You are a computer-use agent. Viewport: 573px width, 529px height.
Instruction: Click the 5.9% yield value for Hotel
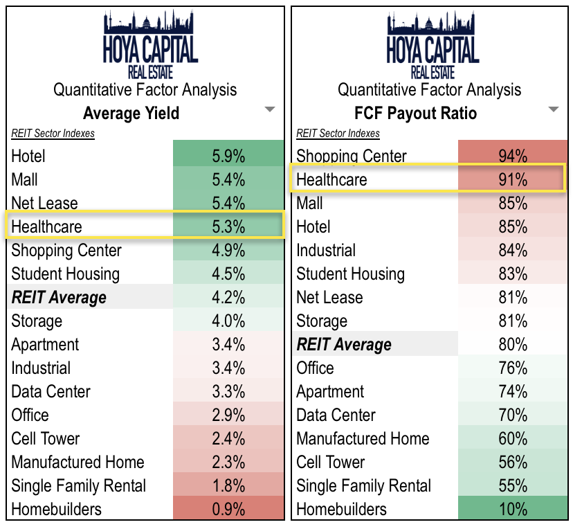(228, 156)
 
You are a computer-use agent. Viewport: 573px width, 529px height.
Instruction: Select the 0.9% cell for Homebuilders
(228, 509)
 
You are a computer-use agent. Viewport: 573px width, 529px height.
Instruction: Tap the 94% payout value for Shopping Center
(513, 156)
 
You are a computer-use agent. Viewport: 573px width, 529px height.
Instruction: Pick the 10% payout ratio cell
(513, 509)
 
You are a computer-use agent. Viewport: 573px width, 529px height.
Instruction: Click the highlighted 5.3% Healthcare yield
(228, 226)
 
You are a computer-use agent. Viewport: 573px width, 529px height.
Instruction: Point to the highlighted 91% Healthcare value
(513, 179)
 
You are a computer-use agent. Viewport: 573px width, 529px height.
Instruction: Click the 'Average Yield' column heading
(131, 113)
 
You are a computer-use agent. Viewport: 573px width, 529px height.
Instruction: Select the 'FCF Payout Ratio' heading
(415, 113)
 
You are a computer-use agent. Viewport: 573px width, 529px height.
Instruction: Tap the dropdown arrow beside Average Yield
(270, 109)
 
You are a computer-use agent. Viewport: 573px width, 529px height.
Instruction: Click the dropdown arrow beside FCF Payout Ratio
(553, 109)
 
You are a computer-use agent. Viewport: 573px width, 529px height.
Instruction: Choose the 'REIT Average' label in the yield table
(59, 298)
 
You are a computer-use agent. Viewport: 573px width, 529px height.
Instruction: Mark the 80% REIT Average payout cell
(513, 344)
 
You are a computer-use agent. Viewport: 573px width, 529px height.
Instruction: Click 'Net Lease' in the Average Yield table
(44, 203)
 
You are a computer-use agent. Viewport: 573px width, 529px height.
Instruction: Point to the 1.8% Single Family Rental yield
(228, 485)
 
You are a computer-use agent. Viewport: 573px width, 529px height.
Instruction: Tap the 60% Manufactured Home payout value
(513, 438)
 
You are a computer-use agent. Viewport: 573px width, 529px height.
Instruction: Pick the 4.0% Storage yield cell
(228, 321)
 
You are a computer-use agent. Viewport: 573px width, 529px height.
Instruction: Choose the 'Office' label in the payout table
(315, 368)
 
